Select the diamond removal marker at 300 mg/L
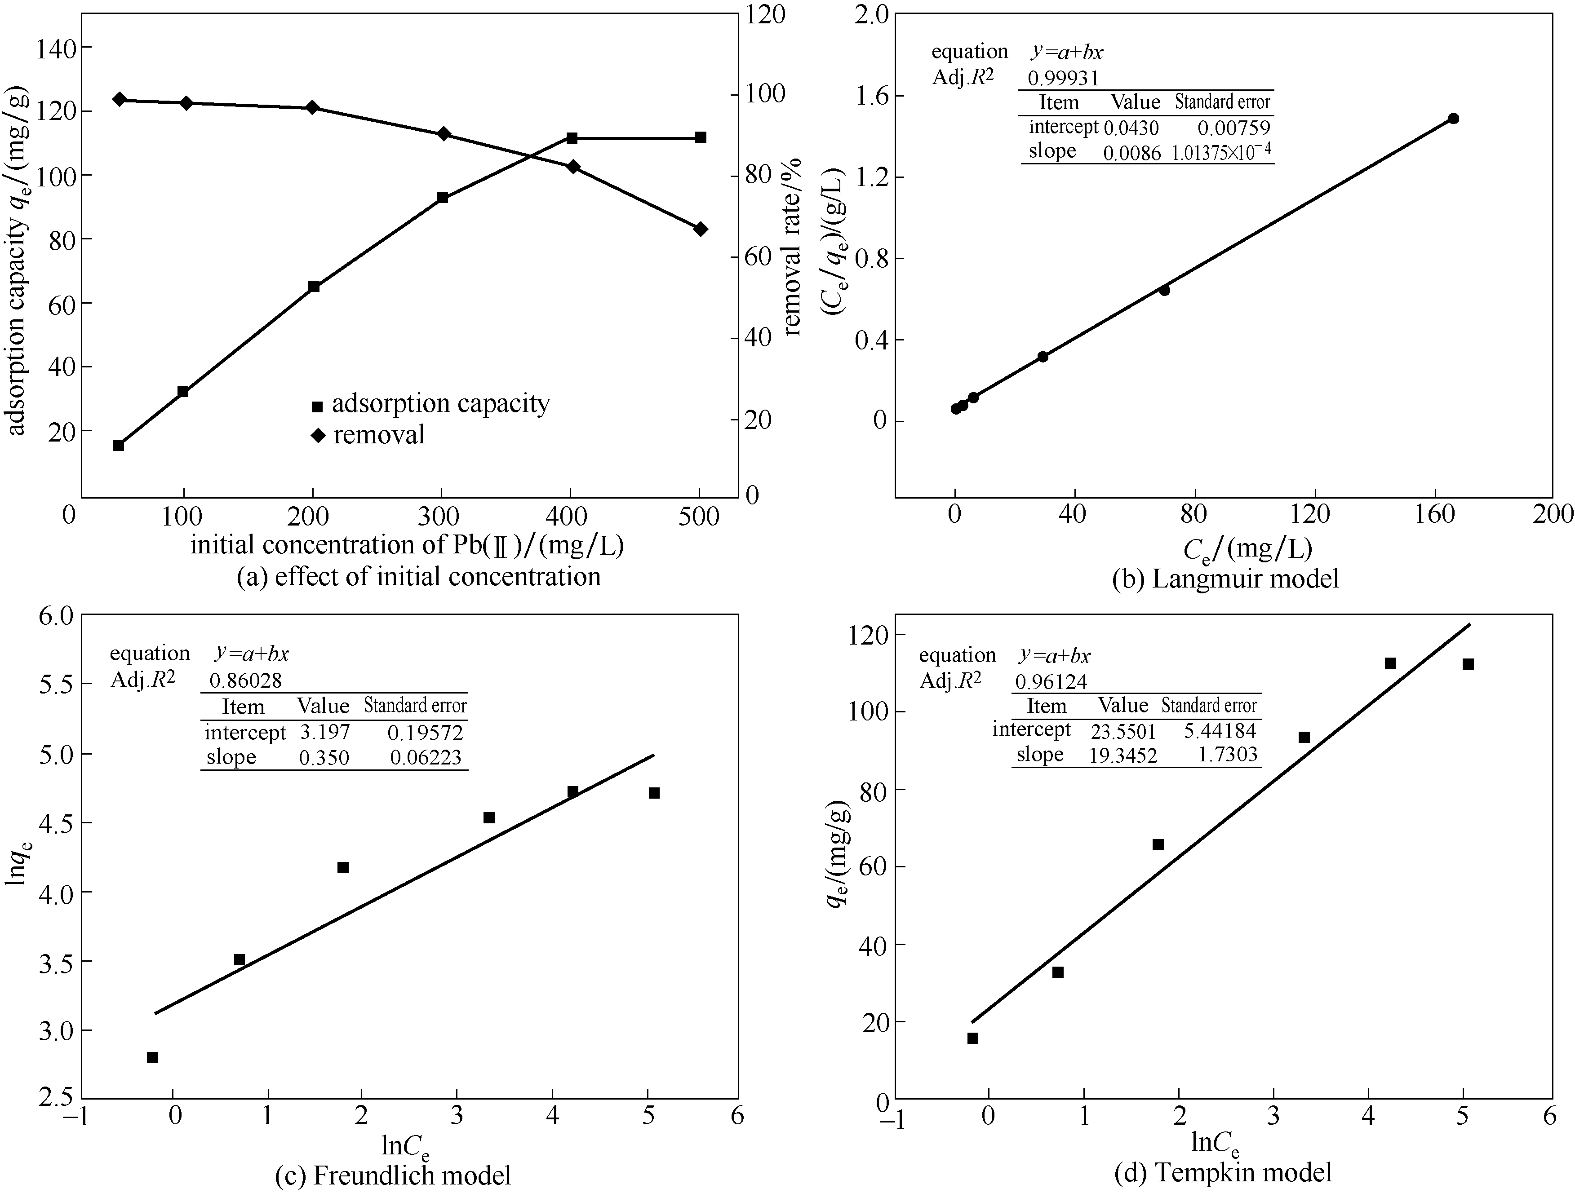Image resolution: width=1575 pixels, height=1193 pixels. click(x=442, y=134)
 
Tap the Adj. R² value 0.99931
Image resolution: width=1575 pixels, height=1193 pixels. click(x=1063, y=78)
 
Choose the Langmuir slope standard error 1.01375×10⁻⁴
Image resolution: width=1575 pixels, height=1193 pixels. click(x=1221, y=152)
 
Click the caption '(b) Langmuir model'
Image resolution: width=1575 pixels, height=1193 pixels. click(x=1225, y=578)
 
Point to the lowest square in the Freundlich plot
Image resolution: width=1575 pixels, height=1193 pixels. click(x=152, y=1057)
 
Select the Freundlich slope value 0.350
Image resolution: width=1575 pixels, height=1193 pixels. click(x=324, y=757)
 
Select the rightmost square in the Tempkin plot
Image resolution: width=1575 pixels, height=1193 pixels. click(x=1468, y=664)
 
